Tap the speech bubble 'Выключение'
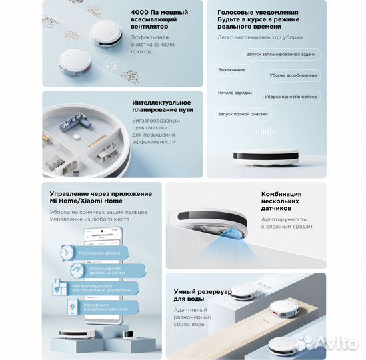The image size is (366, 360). click(x=233, y=69)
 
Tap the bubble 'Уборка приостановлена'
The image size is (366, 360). click(x=290, y=97)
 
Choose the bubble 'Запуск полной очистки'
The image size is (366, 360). click(x=243, y=114)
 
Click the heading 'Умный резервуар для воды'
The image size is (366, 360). click(x=203, y=296)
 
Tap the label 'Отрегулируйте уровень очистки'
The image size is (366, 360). click(x=108, y=271)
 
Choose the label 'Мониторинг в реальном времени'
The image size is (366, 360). click(x=105, y=307)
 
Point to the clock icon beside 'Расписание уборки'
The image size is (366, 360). click(x=67, y=254)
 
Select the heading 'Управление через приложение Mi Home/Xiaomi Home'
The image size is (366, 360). click(x=95, y=197)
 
